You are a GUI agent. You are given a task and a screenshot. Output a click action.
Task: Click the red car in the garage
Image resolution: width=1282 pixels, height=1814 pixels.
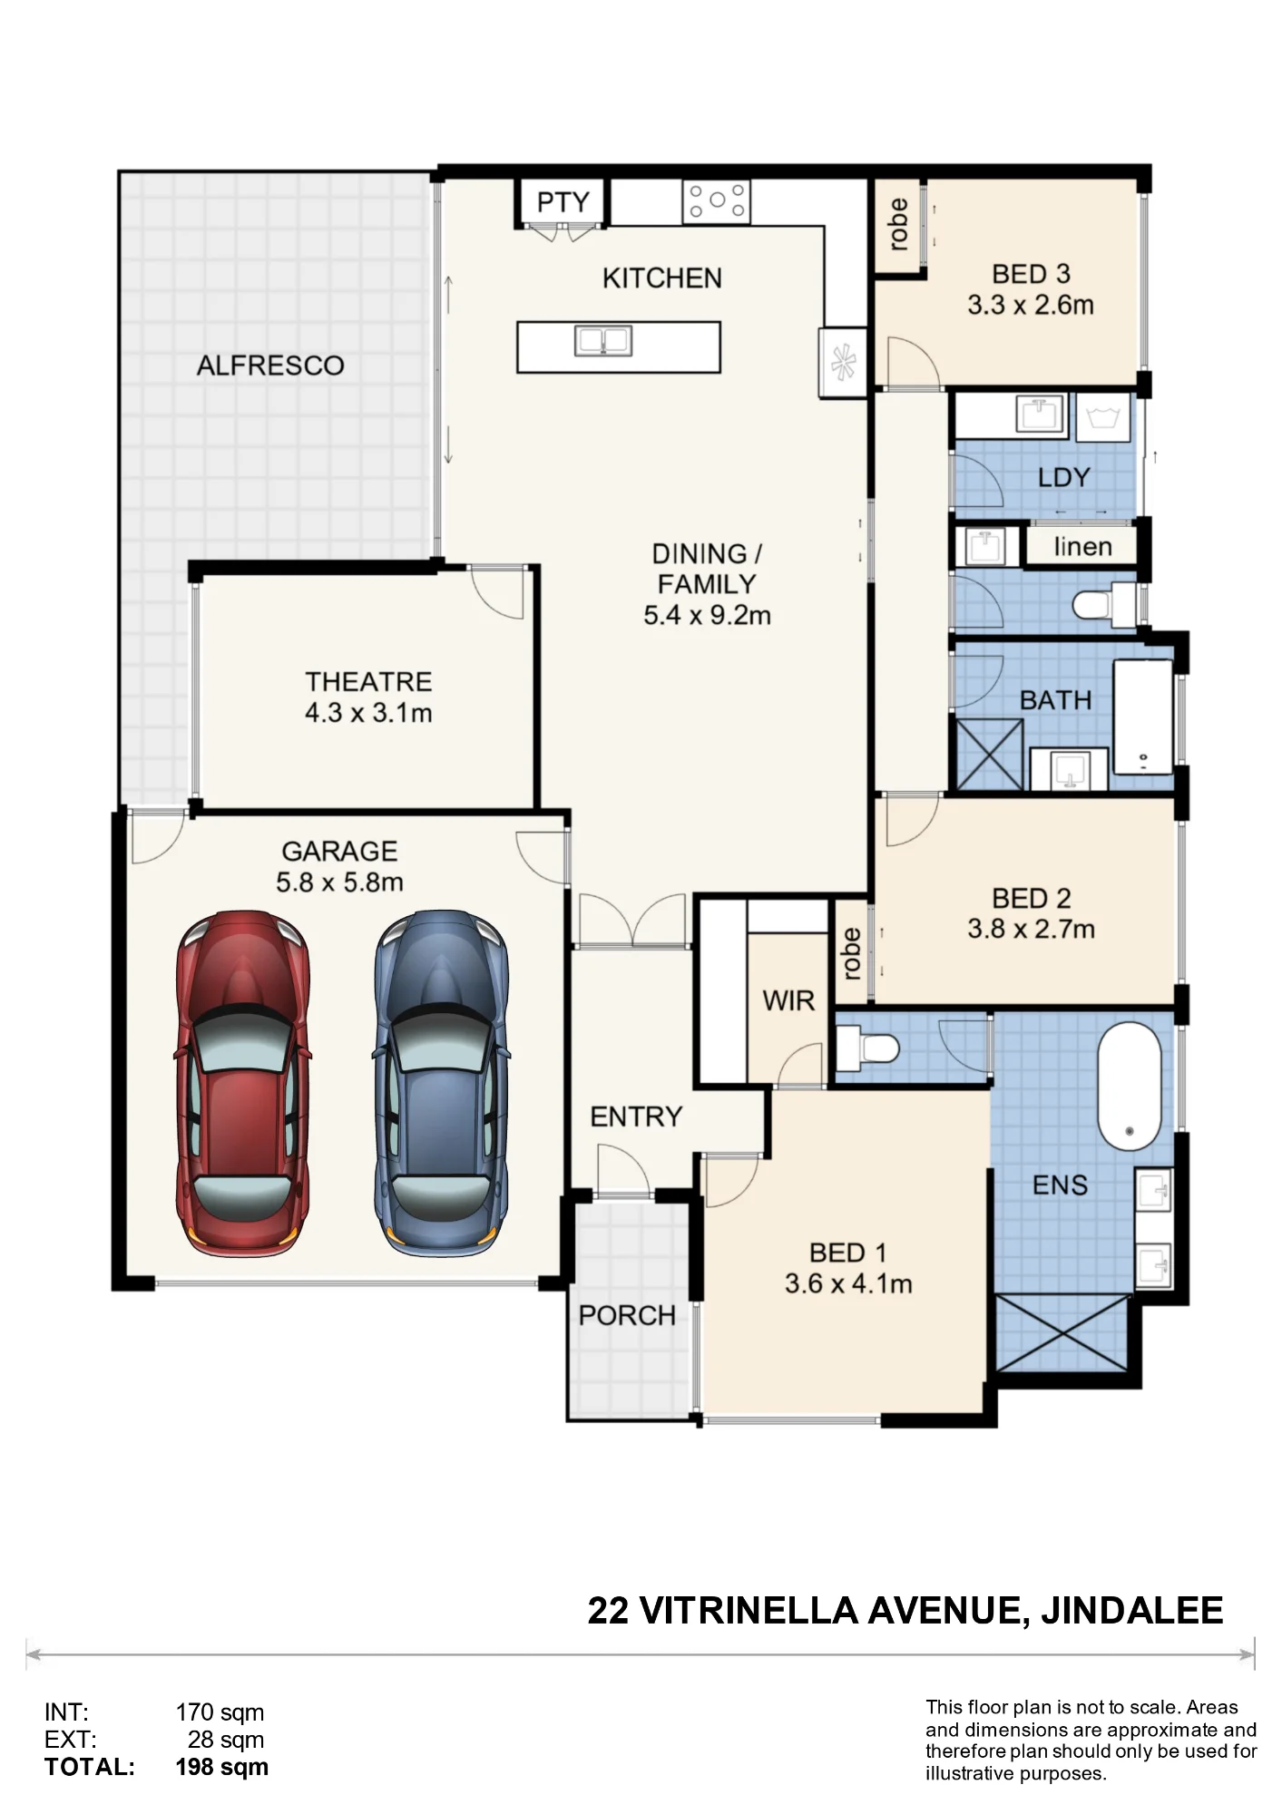(242, 1084)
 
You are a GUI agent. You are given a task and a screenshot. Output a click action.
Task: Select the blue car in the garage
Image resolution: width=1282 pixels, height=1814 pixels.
(441, 1084)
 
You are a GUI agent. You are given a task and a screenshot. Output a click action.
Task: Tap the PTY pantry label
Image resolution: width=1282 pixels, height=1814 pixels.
(563, 202)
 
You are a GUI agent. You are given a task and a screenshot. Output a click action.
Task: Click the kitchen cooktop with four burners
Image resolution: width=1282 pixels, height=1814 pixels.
(717, 201)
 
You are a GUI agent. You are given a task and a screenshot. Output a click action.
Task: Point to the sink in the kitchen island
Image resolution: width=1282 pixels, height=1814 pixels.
(603, 341)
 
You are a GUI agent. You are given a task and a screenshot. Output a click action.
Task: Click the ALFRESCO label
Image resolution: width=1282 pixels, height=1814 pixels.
(270, 366)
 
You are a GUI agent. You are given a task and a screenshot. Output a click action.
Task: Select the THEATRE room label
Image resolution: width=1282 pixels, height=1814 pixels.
(368, 681)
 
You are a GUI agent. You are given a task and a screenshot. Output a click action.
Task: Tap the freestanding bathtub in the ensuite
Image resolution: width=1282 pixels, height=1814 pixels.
(1130, 1087)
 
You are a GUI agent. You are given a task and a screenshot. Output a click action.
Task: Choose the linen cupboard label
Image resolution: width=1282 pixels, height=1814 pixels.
(1082, 547)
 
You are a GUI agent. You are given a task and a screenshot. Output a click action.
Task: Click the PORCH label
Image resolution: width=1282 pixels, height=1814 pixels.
(627, 1315)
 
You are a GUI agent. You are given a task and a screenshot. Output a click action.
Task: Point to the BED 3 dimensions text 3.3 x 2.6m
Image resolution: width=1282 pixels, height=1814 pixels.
(1031, 305)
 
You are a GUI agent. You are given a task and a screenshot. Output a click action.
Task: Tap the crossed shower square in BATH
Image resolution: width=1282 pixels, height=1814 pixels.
(990, 755)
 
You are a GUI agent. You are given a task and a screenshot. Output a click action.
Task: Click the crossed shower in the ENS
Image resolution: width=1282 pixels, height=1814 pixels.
(1062, 1333)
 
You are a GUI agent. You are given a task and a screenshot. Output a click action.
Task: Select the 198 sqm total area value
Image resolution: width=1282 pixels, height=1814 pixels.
(222, 1767)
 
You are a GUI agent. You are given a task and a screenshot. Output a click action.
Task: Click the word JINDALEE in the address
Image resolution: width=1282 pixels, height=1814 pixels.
(1132, 1610)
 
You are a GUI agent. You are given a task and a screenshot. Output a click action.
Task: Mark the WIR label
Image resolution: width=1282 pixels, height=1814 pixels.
(788, 1000)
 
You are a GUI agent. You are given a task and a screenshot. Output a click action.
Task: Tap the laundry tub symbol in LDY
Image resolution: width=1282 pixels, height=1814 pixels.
(1103, 418)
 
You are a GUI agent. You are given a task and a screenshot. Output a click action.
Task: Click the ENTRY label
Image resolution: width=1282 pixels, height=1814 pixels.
(636, 1117)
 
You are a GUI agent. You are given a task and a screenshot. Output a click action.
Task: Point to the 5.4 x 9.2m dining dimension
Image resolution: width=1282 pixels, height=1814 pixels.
(708, 615)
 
